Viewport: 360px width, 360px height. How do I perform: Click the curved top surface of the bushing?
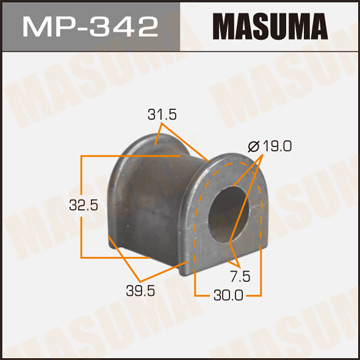point(165,150)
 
